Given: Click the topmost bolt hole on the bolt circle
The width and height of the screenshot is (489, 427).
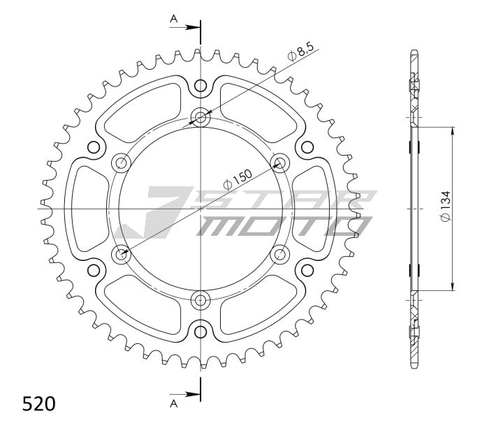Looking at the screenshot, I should pyautogui.click(x=201, y=117).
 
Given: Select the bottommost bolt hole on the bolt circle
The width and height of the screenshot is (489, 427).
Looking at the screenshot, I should pyautogui.click(x=201, y=301).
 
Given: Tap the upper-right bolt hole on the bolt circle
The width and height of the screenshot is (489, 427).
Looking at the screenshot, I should pyautogui.click(x=281, y=163).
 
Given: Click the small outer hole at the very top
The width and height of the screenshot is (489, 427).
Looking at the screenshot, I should pyautogui.click(x=201, y=86).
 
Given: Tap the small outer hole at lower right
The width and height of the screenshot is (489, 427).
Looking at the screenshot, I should pyautogui.click(x=307, y=270).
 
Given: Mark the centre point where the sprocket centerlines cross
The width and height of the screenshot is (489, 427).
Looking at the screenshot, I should pyautogui.click(x=201, y=209).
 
